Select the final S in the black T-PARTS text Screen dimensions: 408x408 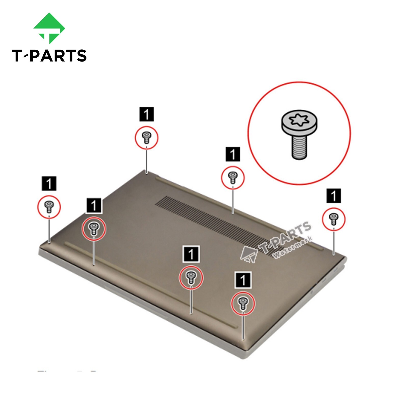(x=81, y=56)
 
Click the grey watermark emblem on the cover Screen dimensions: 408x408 (x=249, y=254)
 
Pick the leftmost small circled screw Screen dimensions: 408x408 (x=49, y=207)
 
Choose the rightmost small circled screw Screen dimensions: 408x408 (x=334, y=219)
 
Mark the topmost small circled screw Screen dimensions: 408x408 (x=146, y=138)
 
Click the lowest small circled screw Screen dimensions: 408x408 (x=243, y=303)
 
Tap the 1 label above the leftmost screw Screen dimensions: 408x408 (x=49, y=184)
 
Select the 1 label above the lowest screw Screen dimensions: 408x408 (x=243, y=280)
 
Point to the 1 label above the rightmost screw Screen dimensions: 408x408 (x=334, y=196)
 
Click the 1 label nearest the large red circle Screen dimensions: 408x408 (x=233, y=154)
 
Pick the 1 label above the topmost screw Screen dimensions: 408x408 (x=146, y=114)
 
